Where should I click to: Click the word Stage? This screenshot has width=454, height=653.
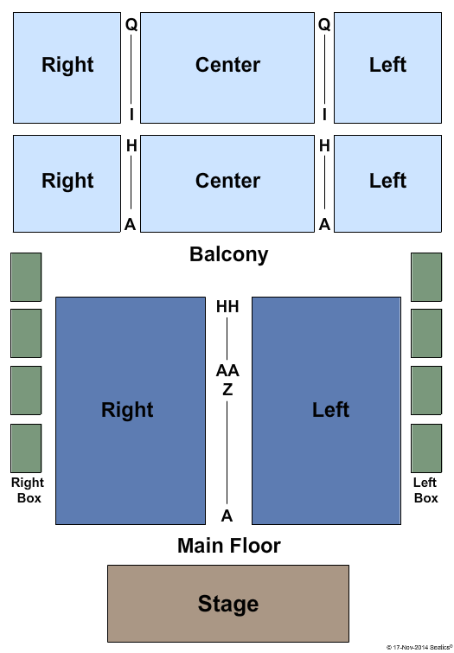click(227, 604)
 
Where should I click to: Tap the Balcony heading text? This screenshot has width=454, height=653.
click(228, 254)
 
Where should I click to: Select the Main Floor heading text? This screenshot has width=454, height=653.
click(228, 546)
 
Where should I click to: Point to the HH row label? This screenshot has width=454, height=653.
click(227, 307)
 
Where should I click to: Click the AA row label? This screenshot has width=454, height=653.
click(227, 370)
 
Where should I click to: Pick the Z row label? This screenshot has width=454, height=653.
click(227, 390)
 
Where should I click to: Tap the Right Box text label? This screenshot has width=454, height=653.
click(28, 490)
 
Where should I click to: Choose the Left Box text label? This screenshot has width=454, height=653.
click(425, 490)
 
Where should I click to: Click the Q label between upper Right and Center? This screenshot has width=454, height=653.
click(131, 25)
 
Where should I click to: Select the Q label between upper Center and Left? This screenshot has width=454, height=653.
click(324, 25)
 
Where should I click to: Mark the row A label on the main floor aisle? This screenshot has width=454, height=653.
click(227, 516)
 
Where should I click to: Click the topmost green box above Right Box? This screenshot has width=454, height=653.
click(26, 277)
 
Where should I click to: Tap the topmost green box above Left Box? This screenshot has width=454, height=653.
click(426, 277)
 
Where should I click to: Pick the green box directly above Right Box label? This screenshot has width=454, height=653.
click(26, 448)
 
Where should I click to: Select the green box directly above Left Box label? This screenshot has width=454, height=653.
click(426, 448)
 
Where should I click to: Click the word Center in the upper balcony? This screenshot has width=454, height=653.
click(227, 65)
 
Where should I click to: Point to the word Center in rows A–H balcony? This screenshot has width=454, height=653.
click(227, 181)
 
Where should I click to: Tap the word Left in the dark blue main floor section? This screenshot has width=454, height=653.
click(330, 410)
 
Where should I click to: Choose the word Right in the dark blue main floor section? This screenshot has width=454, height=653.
click(127, 410)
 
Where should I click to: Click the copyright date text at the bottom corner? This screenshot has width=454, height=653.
click(419, 647)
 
